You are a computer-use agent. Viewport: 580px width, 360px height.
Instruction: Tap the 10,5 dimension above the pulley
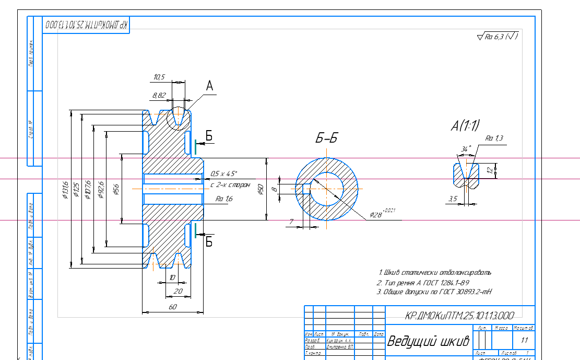pos(159,77)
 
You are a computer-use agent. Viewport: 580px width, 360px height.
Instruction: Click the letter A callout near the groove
pos(210,86)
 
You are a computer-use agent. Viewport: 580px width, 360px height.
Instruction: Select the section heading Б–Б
pos(327,138)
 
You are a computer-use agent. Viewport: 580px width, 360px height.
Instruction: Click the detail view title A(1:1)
pos(466,125)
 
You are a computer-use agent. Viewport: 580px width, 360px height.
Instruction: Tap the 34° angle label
pos(466,149)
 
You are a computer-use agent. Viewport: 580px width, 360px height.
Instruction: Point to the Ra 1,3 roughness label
pos(494,138)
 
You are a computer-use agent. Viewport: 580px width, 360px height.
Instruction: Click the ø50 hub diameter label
pos(261,190)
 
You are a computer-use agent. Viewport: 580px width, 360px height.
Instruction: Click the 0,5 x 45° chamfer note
pos(224,173)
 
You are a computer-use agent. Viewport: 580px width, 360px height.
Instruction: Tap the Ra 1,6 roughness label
pos(224,199)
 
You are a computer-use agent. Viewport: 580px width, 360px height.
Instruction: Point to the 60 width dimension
pos(172,307)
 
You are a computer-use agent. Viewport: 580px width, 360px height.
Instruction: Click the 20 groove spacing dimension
pos(178,291)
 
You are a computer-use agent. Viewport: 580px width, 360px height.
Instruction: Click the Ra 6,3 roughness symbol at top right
pos(497,37)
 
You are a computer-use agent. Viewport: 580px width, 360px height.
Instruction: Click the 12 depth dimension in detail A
pos(490,170)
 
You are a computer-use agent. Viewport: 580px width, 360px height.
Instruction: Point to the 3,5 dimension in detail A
pos(453,199)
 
